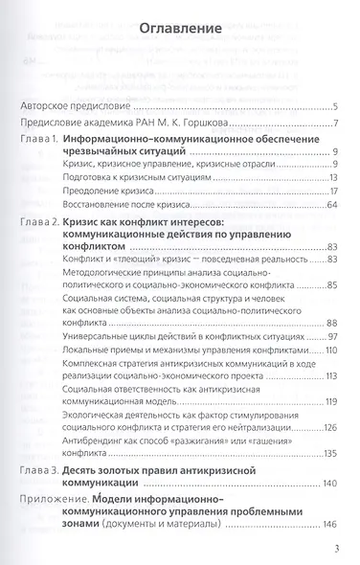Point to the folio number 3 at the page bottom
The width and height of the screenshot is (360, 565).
click(x=336, y=549)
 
